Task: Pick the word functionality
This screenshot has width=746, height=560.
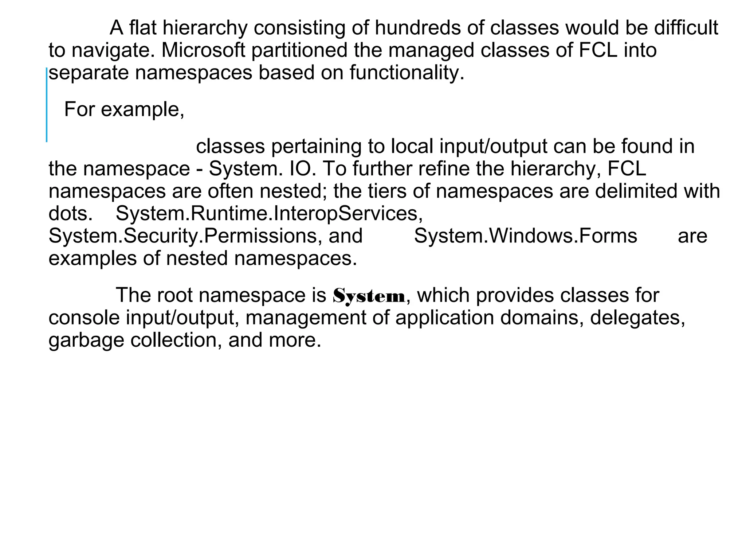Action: point(407,73)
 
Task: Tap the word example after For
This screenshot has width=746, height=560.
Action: point(142,109)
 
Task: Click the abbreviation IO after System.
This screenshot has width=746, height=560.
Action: point(302,169)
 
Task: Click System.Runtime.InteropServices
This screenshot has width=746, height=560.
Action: point(269,214)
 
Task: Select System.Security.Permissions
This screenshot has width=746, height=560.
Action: point(185,236)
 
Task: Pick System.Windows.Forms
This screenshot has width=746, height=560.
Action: point(526,236)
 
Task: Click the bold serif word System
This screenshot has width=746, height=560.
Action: point(369,296)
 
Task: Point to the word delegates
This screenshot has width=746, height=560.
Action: point(637,318)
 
